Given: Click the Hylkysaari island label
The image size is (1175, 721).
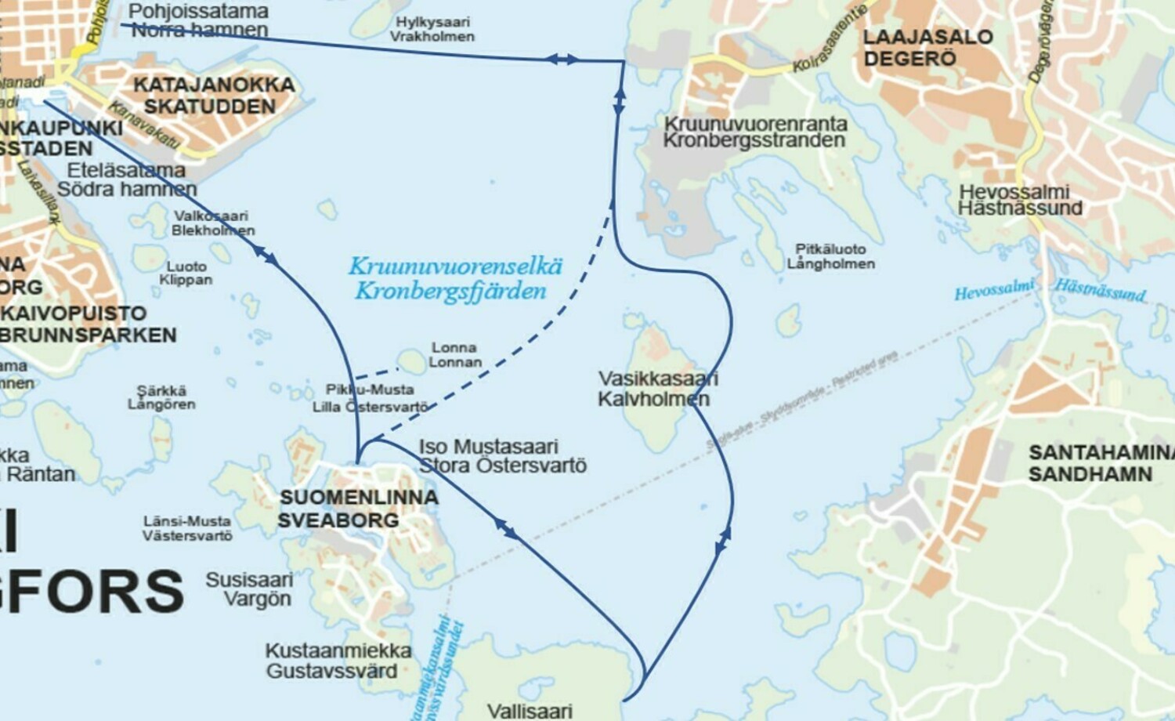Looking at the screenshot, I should [x=432, y=23].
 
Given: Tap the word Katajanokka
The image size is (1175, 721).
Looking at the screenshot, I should [x=214, y=85].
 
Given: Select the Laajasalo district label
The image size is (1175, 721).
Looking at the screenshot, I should [x=927, y=37].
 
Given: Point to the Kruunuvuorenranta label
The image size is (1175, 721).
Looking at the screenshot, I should [x=755, y=124].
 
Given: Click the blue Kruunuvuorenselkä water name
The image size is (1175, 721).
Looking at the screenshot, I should [x=455, y=266].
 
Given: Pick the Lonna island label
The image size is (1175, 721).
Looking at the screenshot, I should [x=454, y=347].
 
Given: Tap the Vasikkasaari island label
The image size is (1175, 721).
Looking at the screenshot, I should [x=657, y=379].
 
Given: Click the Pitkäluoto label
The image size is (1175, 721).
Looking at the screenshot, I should [x=830, y=248].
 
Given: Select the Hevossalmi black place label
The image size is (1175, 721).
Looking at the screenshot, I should [x=1014, y=192].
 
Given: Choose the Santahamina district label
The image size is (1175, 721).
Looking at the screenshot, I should [x=1101, y=452].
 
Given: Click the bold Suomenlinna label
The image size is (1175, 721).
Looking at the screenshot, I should [x=359, y=497].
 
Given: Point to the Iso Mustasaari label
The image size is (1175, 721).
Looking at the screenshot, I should [x=488, y=447].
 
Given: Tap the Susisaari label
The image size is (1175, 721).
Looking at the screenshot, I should [x=249, y=580].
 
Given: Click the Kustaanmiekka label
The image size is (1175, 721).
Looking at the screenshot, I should [x=338, y=650].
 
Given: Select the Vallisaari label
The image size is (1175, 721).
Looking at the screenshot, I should [x=530, y=711].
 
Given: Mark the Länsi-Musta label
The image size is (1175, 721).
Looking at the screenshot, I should [x=186, y=521].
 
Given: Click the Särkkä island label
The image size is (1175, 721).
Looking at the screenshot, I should [x=161, y=390].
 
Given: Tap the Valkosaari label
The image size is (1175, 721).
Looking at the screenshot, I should [x=211, y=216].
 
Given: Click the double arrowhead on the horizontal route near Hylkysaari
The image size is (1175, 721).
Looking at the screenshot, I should [x=562, y=59].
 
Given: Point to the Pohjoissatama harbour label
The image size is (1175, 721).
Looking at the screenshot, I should [x=198, y=12].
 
